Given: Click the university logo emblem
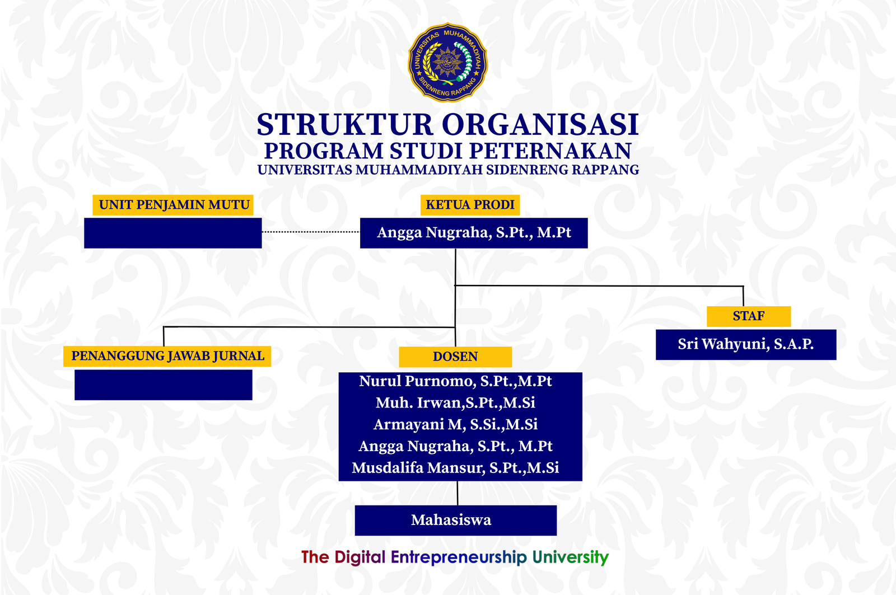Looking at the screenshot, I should (x=448, y=62).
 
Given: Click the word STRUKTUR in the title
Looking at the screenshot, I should (x=344, y=125).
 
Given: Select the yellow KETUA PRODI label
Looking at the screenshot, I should (x=470, y=205).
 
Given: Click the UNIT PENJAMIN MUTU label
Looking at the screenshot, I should (x=174, y=205).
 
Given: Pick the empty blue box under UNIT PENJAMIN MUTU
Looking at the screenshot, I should (x=172, y=233).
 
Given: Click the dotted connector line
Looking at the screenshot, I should (x=311, y=231).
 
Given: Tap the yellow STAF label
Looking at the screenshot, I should (x=748, y=316).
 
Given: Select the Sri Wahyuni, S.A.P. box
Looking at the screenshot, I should (x=745, y=344).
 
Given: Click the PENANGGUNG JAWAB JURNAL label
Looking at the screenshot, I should (x=167, y=356).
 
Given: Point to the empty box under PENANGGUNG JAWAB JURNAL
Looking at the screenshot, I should (x=163, y=385).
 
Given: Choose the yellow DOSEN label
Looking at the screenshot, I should (x=455, y=357).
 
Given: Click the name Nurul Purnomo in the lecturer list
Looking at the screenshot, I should (x=416, y=381).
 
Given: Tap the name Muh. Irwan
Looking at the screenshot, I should (x=419, y=403).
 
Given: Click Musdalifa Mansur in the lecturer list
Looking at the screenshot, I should (x=418, y=468).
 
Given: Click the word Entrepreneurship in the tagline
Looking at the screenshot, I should (x=458, y=557).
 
